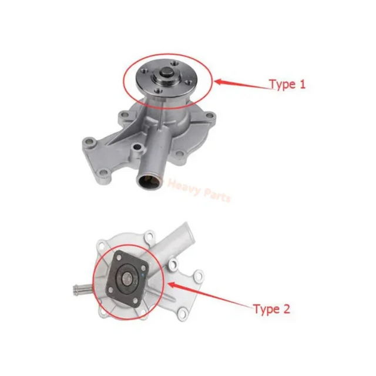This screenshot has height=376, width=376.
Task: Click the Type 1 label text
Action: click(x=287, y=85)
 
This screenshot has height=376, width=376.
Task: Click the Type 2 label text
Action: click(x=271, y=310)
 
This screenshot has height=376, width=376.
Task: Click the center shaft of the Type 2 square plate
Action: click(x=127, y=278)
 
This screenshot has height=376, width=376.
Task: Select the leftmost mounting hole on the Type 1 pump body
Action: click(x=89, y=141)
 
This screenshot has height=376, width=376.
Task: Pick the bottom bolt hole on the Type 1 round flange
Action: click(x=158, y=91)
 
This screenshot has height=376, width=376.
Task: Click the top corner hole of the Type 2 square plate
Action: click(x=119, y=258)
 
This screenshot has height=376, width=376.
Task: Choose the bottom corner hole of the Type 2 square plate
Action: click(x=135, y=300)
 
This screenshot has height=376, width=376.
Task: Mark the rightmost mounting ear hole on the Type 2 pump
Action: click(x=198, y=277)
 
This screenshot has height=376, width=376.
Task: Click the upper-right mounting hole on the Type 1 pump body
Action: click(x=210, y=116)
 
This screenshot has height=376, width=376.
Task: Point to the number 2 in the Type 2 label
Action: click(x=286, y=308)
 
